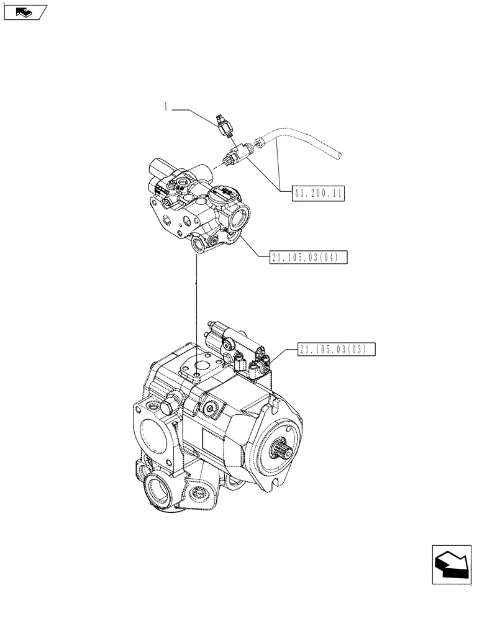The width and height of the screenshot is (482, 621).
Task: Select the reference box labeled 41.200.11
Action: pos(317,193)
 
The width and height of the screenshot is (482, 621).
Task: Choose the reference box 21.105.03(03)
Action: pos(336,350)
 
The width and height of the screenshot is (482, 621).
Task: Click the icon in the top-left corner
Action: pos(24,11)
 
